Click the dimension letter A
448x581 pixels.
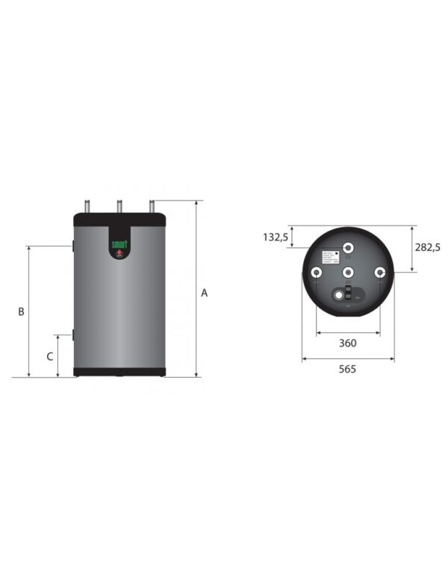pyautogui.click(x=204, y=293)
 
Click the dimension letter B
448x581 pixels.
pyautogui.click(x=22, y=311)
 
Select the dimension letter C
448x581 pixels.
pyautogui.click(x=49, y=356)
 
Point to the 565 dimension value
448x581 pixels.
pyautogui.click(x=347, y=369)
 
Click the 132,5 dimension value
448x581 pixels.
pyautogui.click(x=276, y=237)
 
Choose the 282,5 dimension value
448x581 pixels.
pyautogui.click(x=427, y=247)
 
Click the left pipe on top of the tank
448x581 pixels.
pyautogui.click(x=88, y=206)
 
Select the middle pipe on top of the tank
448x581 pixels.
pyautogui.click(x=118, y=206)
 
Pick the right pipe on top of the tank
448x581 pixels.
pyautogui.click(x=152, y=206)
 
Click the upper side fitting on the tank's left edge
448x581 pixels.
pyautogui.click(x=73, y=246)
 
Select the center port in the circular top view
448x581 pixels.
pyautogui.click(x=349, y=273)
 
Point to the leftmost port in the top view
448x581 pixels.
pyautogui.click(x=317, y=273)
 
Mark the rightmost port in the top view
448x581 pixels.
pyautogui.click(x=380, y=273)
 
